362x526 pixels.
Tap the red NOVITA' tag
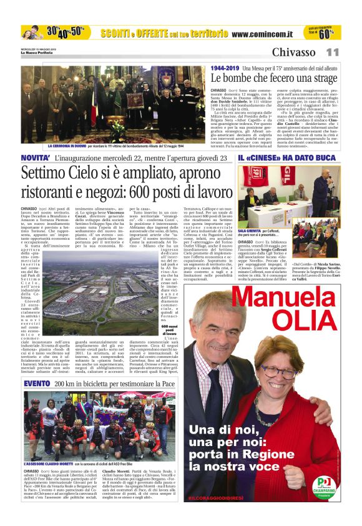(x=35, y=157)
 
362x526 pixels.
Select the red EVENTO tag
(x=36, y=382)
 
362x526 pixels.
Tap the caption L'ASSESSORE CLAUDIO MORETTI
(x=48, y=465)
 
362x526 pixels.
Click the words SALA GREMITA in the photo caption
(x=248, y=231)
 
